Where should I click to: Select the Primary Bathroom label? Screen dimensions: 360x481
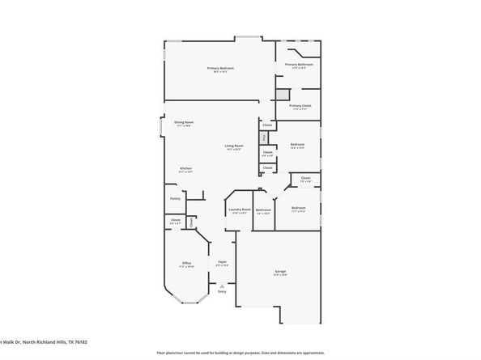tap(298, 66)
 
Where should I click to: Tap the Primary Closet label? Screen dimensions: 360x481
tap(300, 105)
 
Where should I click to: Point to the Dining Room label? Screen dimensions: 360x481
tap(184, 122)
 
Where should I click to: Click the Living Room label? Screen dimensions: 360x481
tap(235, 146)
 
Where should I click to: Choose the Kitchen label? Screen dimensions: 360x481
tap(185, 169)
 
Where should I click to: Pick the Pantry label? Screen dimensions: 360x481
tap(175, 197)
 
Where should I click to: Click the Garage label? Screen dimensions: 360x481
tap(279, 273)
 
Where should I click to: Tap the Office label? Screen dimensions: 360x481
tap(185, 263)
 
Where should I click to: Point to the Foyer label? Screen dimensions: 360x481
tap(222, 262)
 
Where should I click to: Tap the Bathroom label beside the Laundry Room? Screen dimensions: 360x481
tap(263, 210)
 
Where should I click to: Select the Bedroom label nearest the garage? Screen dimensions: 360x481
tap(298, 208)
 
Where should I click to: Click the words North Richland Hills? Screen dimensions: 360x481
tap(45, 342)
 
